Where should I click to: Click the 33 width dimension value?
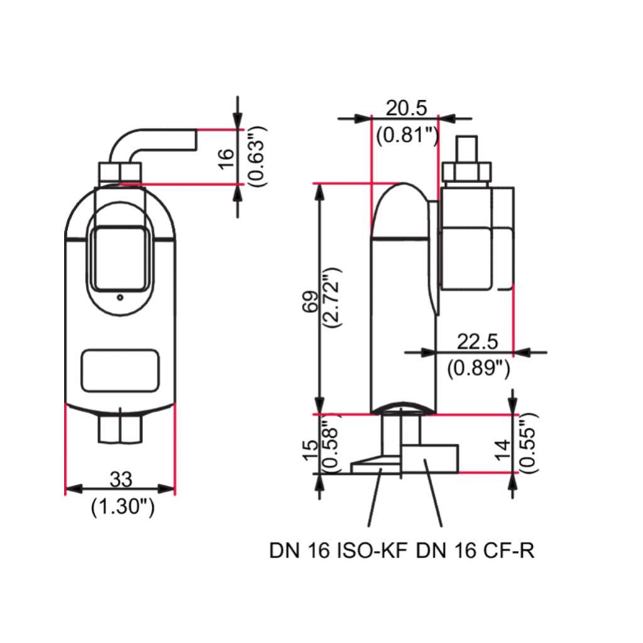click(121, 479)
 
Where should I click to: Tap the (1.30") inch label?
click(123, 507)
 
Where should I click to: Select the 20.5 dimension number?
click(406, 108)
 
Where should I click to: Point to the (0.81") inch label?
click(408, 135)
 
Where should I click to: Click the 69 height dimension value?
click(311, 302)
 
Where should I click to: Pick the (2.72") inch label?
click(332, 298)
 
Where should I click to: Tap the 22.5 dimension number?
click(477, 341)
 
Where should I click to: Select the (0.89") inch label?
click(478, 368)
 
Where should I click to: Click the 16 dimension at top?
click(226, 159)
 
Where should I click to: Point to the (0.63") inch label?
click(258, 157)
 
